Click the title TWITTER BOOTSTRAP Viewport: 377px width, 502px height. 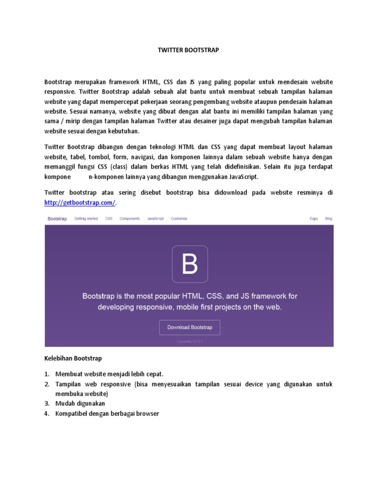click(x=188, y=50)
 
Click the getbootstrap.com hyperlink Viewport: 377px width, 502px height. click(x=81, y=202)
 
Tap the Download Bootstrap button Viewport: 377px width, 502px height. click(x=189, y=327)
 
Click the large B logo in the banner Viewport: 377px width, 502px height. click(x=189, y=264)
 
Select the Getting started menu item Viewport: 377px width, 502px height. click(x=86, y=219)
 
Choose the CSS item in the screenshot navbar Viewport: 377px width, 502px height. click(x=108, y=219)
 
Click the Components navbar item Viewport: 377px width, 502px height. click(x=130, y=219)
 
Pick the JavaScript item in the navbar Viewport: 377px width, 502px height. click(x=155, y=219)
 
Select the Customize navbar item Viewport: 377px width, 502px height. click(x=179, y=219)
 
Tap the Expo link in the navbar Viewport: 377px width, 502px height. click(x=314, y=219)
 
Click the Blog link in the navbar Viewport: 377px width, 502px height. click(x=328, y=219)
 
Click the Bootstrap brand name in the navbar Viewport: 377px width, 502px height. click(x=57, y=219)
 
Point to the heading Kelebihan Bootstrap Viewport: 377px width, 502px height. click(x=73, y=359)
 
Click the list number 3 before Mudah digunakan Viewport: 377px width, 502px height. click(x=47, y=403)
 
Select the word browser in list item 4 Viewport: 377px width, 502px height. click(x=148, y=414)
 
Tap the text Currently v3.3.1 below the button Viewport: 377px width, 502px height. click(x=189, y=341)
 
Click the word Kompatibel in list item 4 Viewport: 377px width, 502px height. click(x=71, y=414)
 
